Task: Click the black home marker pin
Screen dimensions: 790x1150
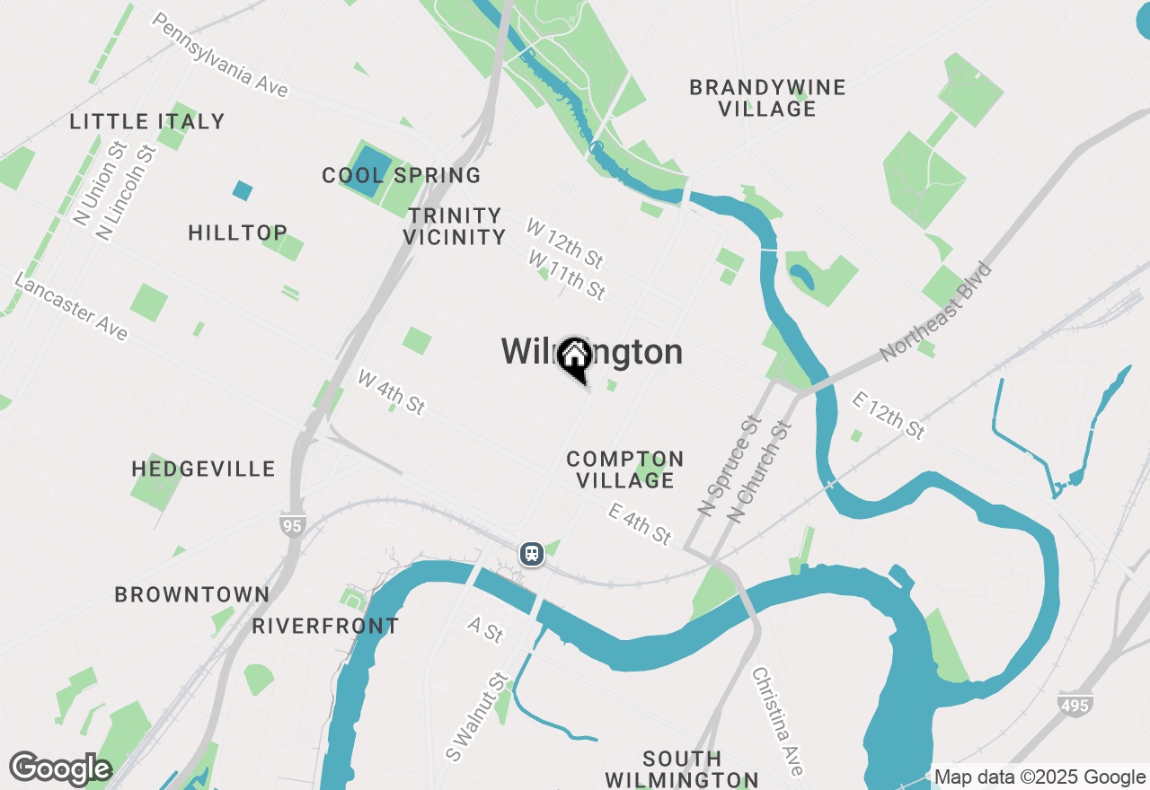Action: [x=574, y=358]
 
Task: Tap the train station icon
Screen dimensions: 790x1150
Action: [x=532, y=553]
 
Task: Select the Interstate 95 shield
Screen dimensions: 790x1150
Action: [x=292, y=525]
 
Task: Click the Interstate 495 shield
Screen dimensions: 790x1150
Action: [x=1075, y=705]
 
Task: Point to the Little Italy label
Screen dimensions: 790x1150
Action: [x=147, y=121]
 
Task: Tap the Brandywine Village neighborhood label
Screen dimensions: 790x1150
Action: [x=767, y=98]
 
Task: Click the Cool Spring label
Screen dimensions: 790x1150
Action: [x=402, y=175]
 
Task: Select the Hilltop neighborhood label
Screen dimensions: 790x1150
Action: [x=238, y=233]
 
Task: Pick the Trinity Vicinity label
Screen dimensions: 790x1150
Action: [x=455, y=226]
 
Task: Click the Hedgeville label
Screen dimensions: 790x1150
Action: [x=204, y=469]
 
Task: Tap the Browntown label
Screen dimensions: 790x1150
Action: [x=192, y=594]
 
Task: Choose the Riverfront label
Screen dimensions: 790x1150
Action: [x=325, y=626]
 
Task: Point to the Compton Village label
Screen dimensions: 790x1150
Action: [x=625, y=470]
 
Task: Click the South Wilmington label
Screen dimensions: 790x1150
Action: [x=682, y=768]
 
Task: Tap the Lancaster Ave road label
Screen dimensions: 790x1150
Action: [x=72, y=308]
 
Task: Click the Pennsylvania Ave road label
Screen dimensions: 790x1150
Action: [x=220, y=55]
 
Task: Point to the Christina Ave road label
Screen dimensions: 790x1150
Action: [x=777, y=721]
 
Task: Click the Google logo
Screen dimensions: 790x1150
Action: [x=60, y=768]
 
